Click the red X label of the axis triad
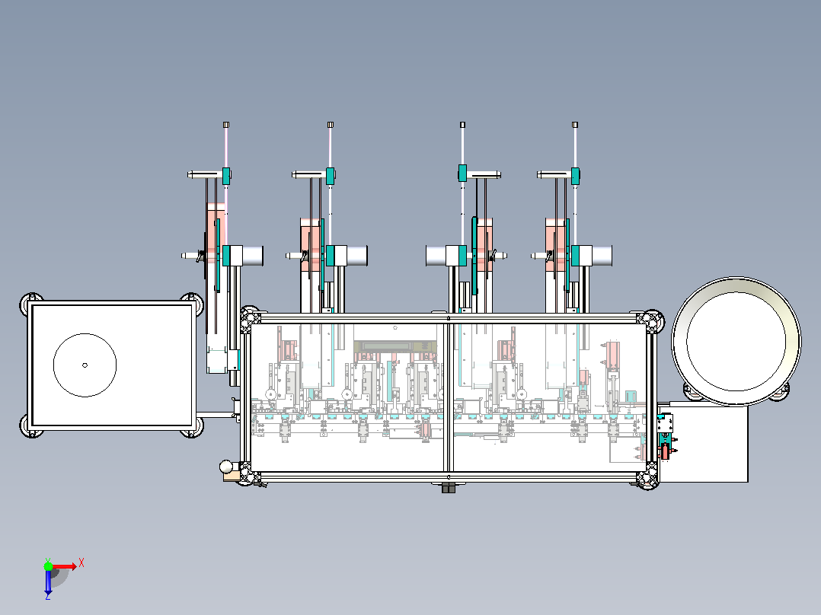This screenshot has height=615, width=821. pos(81,563)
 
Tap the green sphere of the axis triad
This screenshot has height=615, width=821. pos(48,566)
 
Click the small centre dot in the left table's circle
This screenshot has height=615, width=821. pos(85,365)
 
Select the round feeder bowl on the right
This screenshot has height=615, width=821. pos(736,341)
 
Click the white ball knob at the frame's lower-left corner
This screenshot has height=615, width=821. pos(226,467)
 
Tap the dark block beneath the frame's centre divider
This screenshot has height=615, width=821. pos(449,488)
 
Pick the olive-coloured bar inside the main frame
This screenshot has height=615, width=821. pos(395,346)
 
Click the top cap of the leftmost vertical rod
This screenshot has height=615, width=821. pos(226,125)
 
